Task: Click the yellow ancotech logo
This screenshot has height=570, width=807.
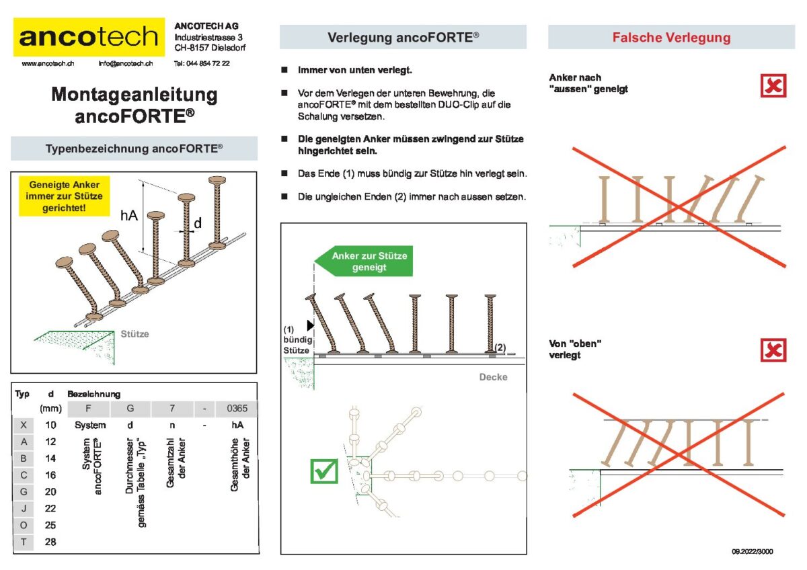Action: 89,37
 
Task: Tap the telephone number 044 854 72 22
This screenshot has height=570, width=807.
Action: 208,63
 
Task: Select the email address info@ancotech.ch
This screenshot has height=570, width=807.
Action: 126,63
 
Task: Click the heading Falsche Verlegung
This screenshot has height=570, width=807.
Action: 672,38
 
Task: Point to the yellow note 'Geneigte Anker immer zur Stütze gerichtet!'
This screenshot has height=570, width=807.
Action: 64,196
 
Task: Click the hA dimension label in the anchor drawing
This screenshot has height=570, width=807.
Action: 129,215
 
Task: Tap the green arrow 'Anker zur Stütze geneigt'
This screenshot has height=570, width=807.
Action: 364,261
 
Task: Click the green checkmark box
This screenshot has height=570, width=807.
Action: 324,471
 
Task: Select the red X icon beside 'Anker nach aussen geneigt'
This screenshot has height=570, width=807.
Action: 773,85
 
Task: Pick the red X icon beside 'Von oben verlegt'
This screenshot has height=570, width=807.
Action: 773,350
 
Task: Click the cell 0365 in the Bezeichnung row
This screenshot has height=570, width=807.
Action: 237,408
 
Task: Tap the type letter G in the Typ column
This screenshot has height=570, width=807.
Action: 24,491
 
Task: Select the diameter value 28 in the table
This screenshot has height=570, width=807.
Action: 50,542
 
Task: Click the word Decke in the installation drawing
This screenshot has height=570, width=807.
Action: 493,377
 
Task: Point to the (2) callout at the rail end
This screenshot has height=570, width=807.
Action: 500,348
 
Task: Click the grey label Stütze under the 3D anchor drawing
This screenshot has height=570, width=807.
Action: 134,334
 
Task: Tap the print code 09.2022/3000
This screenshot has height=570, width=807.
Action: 753,551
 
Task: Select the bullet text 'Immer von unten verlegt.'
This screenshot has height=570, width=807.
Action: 355,70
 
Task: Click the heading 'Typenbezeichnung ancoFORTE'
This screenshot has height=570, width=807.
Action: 134,149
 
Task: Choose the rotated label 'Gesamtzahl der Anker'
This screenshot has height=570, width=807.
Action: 176,462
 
